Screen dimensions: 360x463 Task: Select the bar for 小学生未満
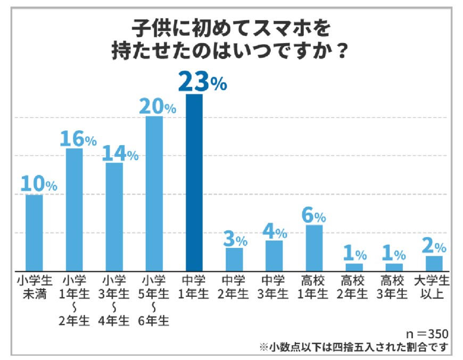pyautogui.click(x=34, y=232)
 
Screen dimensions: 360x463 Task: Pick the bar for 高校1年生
pyautogui.click(x=314, y=248)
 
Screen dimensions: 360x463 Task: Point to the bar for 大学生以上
pyautogui.click(x=434, y=263)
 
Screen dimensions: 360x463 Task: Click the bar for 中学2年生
pyautogui.click(x=234, y=259)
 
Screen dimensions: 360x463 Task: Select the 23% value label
pyautogui.click(x=202, y=81)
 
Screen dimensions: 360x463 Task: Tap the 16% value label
pyautogui.click(x=78, y=139)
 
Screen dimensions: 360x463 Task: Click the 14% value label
pyautogui.click(x=119, y=154)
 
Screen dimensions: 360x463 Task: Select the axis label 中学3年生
pyautogui.click(x=274, y=287)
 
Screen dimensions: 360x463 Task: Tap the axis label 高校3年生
pyautogui.click(x=394, y=287)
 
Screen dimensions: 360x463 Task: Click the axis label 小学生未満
pyautogui.click(x=34, y=287)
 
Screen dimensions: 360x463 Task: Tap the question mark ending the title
pyautogui.click(x=343, y=52)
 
